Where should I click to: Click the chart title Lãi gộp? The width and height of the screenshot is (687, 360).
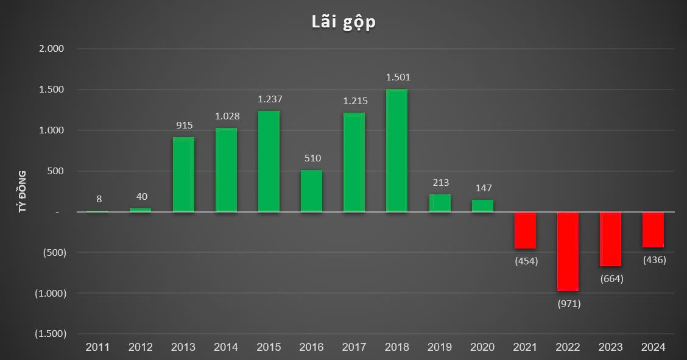(x=343, y=22)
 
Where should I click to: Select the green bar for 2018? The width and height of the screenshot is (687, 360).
(x=396, y=150)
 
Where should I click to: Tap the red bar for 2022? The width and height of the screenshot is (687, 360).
(x=568, y=251)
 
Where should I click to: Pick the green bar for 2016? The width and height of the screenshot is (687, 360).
(x=311, y=191)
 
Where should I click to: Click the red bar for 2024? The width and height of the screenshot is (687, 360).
(x=653, y=230)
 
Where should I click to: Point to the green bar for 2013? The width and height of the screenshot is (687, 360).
(x=183, y=174)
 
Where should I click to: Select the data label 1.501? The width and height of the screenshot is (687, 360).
(x=398, y=77)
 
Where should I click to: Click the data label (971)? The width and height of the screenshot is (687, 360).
(x=569, y=303)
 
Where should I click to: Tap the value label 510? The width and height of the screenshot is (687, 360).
(x=312, y=158)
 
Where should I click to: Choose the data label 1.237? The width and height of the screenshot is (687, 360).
(x=270, y=99)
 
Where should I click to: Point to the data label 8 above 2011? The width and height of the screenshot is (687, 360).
(x=99, y=199)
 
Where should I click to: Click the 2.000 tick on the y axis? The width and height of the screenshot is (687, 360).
(x=52, y=49)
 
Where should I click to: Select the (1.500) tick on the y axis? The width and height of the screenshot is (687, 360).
(x=50, y=334)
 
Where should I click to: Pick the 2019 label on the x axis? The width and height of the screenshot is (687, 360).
(x=440, y=347)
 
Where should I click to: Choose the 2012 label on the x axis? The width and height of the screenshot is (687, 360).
(x=141, y=347)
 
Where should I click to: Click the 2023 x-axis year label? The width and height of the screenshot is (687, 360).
(x=610, y=347)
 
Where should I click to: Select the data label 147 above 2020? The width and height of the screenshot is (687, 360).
(x=484, y=188)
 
